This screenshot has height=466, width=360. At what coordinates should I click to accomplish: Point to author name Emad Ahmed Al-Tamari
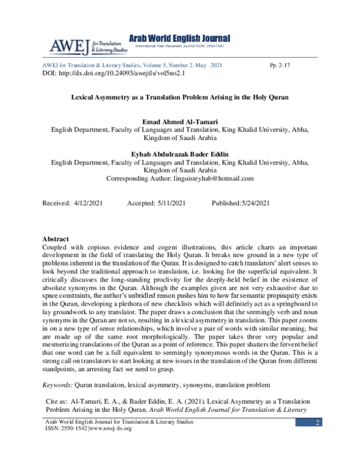click(179, 121)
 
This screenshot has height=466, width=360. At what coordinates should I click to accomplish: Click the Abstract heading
click(56, 239)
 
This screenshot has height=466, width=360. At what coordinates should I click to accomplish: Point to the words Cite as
click(58, 399)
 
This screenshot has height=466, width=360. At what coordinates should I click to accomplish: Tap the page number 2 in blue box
click(316, 425)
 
